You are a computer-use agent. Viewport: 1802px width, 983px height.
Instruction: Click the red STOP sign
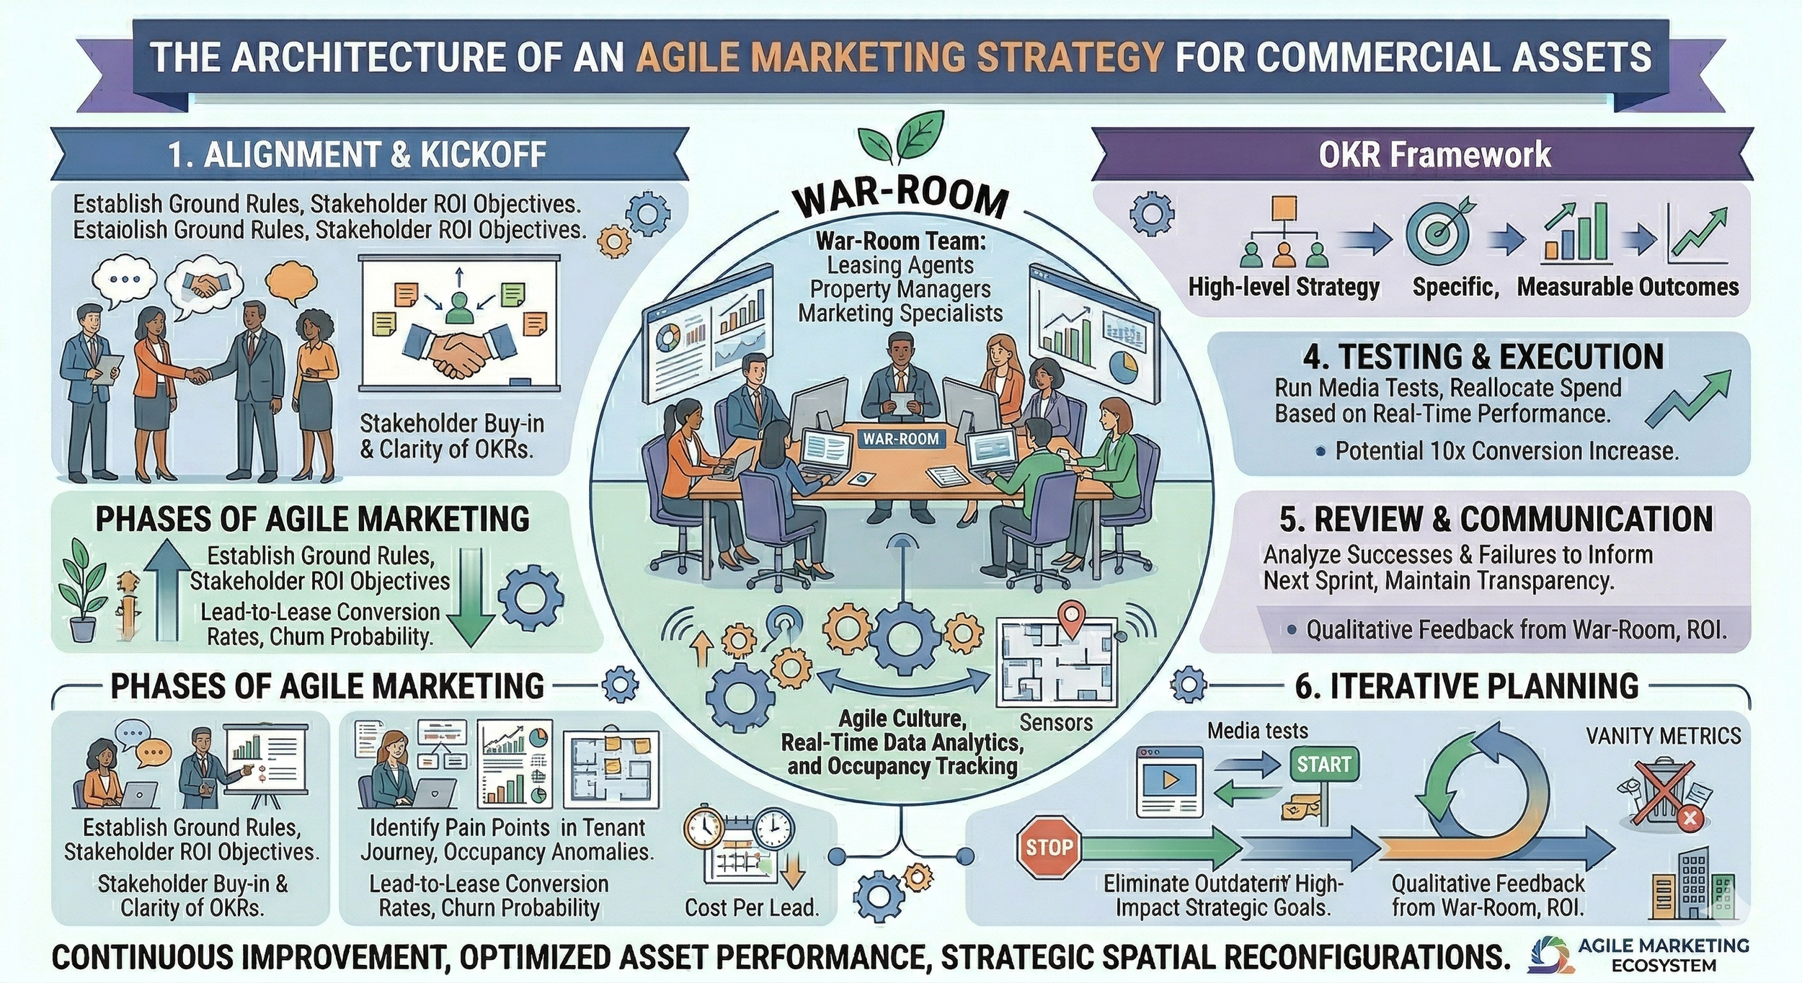pyautogui.click(x=1049, y=848)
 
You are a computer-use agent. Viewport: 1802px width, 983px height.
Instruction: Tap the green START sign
pyautogui.click(x=1323, y=765)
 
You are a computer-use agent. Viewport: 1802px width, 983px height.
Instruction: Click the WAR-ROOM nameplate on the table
pyautogui.click(x=901, y=438)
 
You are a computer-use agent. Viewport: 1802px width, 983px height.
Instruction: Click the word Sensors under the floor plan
pyautogui.click(x=1056, y=723)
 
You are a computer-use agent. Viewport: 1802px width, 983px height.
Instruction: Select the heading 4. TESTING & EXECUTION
pyautogui.click(x=1483, y=357)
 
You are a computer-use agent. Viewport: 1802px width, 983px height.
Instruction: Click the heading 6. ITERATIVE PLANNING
pyautogui.click(x=1466, y=685)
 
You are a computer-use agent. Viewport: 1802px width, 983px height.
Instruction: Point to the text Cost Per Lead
pyautogui.click(x=752, y=907)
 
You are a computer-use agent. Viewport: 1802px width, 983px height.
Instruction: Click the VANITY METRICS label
pyautogui.click(x=1663, y=736)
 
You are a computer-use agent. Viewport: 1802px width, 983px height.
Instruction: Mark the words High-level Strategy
pyautogui.click(x=1284, y=287)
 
